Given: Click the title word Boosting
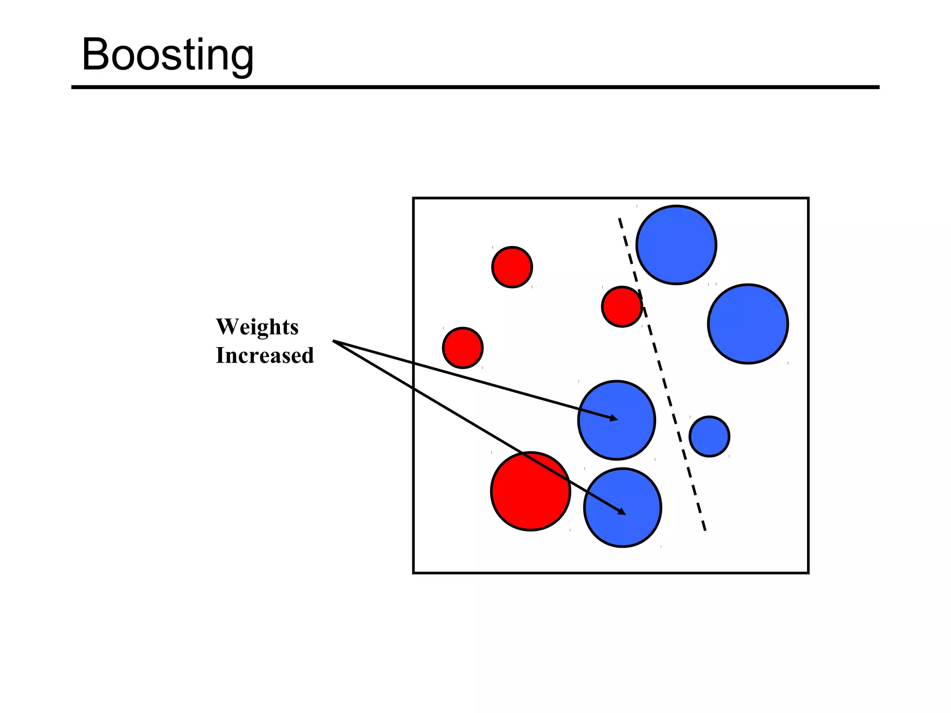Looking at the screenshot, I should [x=168, y=55].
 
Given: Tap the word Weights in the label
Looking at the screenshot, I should [x=257, y=327].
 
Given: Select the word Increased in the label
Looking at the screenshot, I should [x=265, y=356].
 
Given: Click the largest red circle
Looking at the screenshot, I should [x=530, y=491].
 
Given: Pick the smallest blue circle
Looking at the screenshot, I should [x=709, y=436].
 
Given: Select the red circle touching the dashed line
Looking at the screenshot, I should [x=622, y=307].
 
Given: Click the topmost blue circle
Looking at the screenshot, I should [x=676, y=245].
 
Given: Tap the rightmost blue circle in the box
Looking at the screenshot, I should [x=748, y=324].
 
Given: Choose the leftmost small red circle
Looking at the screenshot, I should [x=462, y=348].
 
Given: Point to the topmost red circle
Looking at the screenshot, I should [x=512, y=267].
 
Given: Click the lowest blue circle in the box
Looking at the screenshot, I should [x=622, y=507].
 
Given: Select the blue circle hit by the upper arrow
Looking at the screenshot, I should [x=616, y=420].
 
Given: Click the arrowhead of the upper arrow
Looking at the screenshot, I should [x=614, y=419].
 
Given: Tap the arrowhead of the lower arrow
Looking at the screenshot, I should [x=622, y=512].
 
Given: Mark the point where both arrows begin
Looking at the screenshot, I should [x=334, y=341].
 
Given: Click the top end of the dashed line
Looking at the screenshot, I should [x=619, y=219].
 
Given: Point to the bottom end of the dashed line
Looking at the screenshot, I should [x=705, y=530].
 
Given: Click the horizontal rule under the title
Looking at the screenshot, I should [x=475, y=87].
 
